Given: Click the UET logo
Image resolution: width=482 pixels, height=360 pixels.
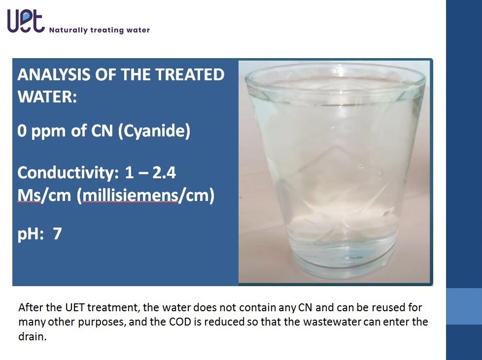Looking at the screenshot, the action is click(x=26, y=21).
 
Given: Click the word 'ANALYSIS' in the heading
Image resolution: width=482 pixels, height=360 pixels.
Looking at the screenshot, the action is click(x=54, y=75).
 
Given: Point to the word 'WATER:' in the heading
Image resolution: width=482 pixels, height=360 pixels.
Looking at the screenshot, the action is click(x=47, y=97).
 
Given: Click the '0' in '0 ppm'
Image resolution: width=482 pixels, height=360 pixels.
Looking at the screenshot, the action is click(x=22, y=131).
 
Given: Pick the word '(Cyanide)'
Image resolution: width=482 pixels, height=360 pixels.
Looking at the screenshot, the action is click(x=154, y=131).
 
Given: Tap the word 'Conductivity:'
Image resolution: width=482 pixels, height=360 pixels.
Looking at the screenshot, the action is click(x=68, y=172).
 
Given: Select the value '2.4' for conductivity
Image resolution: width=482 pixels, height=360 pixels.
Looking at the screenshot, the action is click(x=164, y=173).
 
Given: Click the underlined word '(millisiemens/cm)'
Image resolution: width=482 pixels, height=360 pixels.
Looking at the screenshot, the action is click(x=145, y=196).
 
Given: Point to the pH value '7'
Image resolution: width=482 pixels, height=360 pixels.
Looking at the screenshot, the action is click(x=58, y=234).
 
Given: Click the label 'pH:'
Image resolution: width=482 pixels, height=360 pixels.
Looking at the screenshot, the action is click(x=31, y=234).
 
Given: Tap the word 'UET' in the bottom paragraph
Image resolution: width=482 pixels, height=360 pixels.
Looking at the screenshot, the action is click(x=75, y=307).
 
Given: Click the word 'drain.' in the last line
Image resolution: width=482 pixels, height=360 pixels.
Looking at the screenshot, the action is click(x=33, y=336).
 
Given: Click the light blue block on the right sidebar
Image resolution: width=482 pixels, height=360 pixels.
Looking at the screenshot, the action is click(x=464, y=306).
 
